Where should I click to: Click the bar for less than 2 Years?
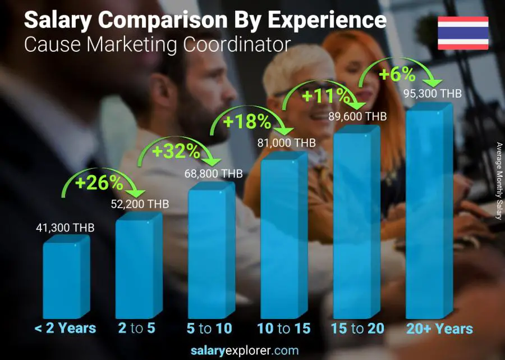[65, 278]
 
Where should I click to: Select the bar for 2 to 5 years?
[137, 267]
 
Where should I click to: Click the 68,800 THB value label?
[213, 174]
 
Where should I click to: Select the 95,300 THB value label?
[433, 94]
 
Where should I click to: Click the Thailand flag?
[463, 33]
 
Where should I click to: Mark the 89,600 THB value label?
[360, 117]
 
